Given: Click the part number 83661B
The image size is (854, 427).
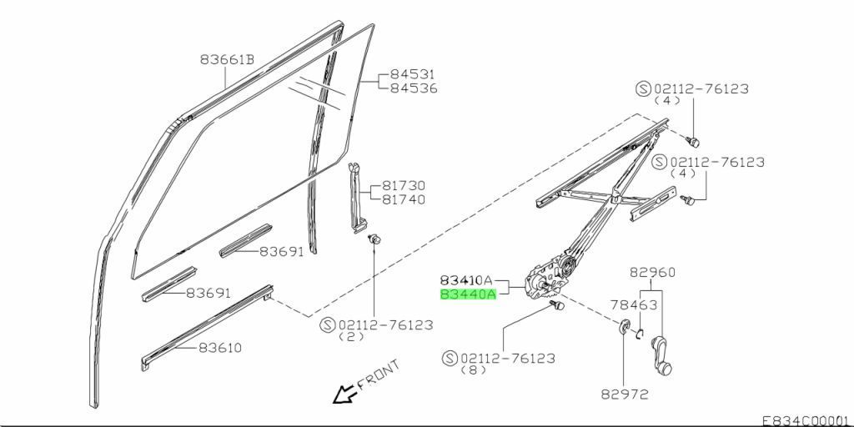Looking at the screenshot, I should click(x=227, y=60).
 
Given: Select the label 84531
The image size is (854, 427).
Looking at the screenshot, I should click(x=414, y=74).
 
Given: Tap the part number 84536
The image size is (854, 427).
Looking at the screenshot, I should click(x=414, y=88).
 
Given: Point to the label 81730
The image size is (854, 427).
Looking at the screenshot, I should click(x=404, y=186).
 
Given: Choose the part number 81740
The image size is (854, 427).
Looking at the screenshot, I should click(x=404, y=199).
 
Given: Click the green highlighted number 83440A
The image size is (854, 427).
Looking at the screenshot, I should click(x=467, y=294).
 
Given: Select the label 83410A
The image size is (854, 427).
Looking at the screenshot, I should click(x=467, y=281).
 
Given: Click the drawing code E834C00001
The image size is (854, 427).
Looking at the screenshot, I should click(x=805, y=420).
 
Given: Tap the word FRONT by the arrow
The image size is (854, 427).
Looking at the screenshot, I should click(x=378, y=376).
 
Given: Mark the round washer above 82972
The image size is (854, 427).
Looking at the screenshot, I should click(x=623, y=326).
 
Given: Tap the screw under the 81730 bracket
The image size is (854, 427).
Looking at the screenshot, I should click(x=374, y=239).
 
